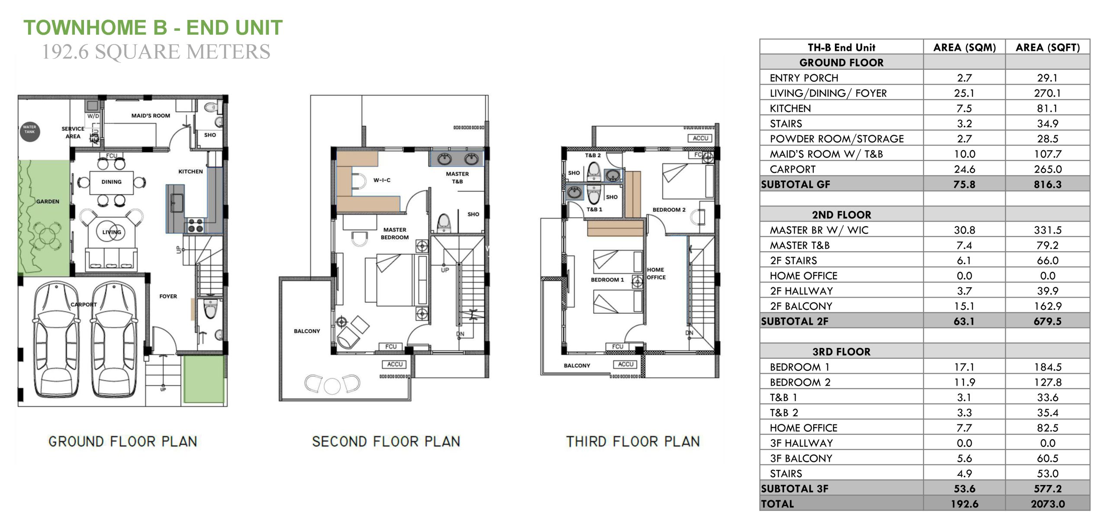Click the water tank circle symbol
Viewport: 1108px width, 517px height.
pos(30,132)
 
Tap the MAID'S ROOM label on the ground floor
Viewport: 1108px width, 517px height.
pos(151,116)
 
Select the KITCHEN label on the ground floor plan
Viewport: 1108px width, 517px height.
pos(190,171)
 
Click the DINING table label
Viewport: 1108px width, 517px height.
pos(112,182)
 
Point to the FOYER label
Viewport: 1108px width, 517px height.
pos(168,296)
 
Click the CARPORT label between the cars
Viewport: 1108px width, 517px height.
pos(84,304)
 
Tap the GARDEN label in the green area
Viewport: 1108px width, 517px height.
pos(48,201)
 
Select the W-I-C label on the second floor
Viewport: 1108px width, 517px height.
pos(382,180)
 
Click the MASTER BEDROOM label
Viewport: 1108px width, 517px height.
pos(395,234)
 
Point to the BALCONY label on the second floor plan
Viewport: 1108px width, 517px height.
pos(307,331)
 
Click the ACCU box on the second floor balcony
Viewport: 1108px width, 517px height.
pos(395,364)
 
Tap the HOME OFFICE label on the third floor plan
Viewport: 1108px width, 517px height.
pos(656,273)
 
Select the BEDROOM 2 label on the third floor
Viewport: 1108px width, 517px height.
pos(669,210)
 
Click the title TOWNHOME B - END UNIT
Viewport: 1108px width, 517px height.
pos(153,28)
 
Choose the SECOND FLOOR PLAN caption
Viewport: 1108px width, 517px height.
pos(386,441)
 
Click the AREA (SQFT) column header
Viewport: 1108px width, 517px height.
pos(1047,48)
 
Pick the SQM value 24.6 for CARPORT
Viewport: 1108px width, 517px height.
pos(964,169)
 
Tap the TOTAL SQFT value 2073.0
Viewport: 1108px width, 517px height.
pos(1047,504)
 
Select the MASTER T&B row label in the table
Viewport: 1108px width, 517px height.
pos(799,245)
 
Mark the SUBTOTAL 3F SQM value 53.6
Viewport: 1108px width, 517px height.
pos(964,489)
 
